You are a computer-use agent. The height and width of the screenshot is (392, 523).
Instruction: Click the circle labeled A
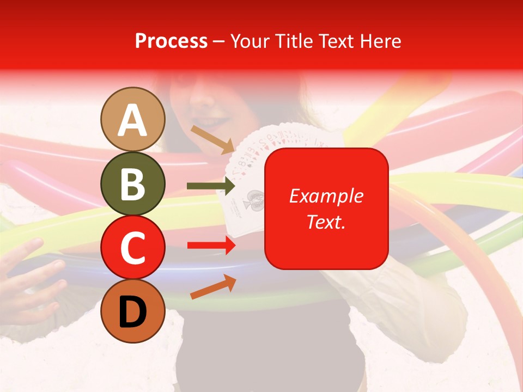pos(133,119)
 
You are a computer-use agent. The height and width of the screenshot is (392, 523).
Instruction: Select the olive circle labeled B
pos(133,183)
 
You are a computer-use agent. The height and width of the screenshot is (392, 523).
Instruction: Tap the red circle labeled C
pos(133,247)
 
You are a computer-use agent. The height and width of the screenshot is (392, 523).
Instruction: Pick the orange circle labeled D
pos(133,311)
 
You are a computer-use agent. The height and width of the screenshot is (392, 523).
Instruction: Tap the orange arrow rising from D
pos(213,286)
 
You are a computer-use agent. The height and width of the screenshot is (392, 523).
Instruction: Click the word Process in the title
pos(171,41)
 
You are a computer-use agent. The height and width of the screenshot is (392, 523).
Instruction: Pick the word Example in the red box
pos(326,196)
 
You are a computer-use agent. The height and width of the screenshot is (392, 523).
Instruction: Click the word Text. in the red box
pos(326,221)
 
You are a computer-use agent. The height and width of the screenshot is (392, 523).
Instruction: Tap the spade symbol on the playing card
pos(252,197)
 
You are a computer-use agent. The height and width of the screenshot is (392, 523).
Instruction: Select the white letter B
pos(133,183)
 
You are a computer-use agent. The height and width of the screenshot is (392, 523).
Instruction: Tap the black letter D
pos(133,311)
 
